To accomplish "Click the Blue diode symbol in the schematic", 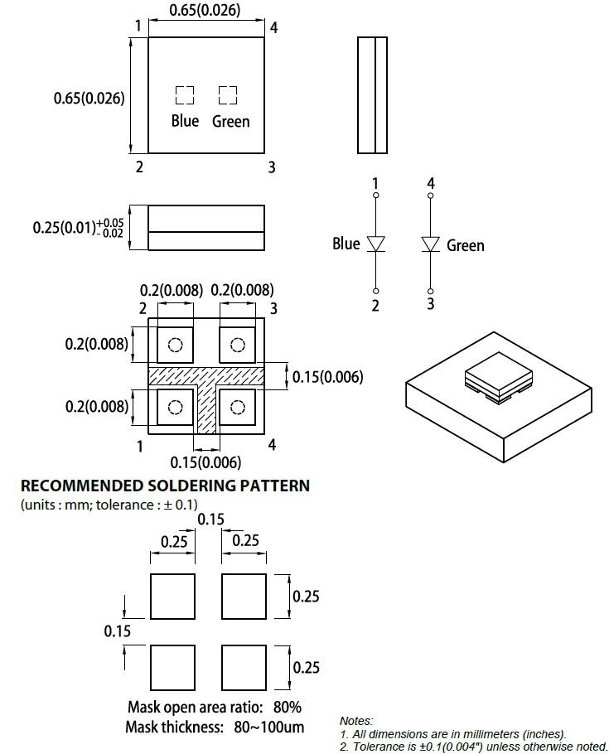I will pos(376,244).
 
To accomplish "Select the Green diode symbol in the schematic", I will pos(430,244).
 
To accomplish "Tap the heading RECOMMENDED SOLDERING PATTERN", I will pos(165,486).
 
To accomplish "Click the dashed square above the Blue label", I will pos(184,95).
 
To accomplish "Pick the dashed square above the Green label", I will pos(228,95).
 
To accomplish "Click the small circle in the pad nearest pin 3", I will pos(238,345).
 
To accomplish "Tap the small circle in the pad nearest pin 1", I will pos(175,407).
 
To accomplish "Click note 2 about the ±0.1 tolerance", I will pos(473,747).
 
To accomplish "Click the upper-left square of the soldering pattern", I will pos(172,597).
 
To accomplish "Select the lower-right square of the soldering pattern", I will pos(244,667).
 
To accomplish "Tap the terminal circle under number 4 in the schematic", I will pos(430,196).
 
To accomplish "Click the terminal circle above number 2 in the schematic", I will pos(376,292).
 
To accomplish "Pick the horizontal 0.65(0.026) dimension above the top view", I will pos(205,11).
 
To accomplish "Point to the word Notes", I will pos(356,722).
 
